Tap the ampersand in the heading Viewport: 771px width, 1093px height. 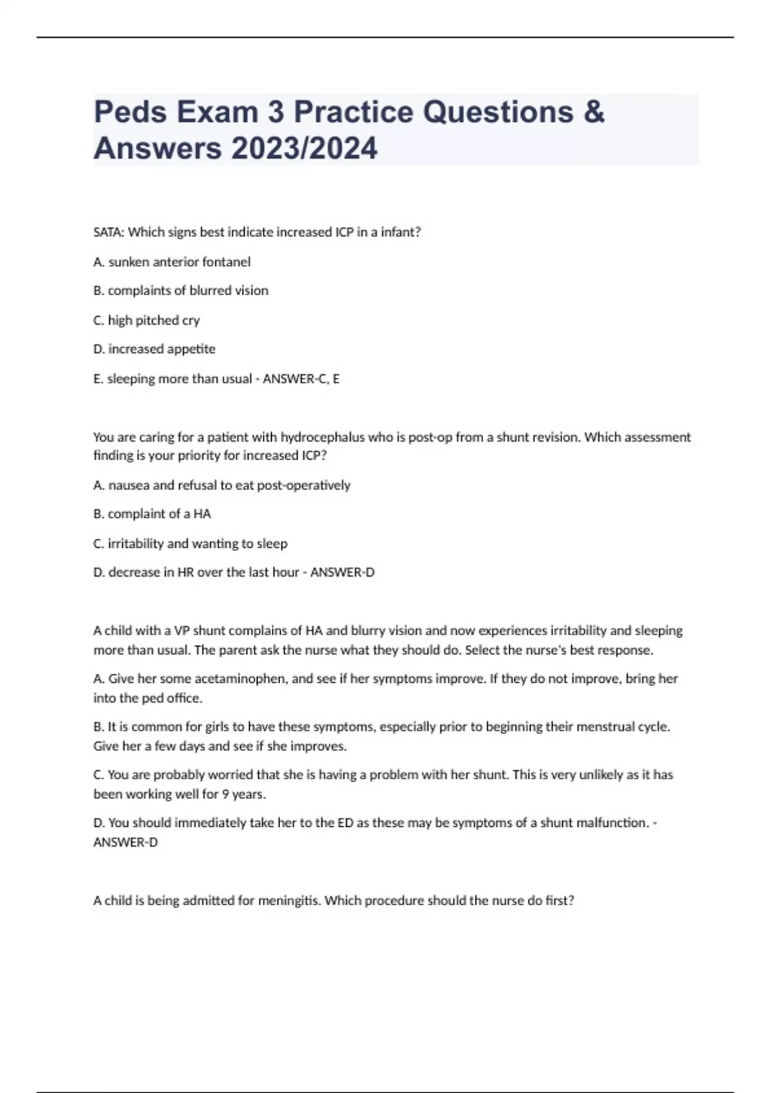point(594,112)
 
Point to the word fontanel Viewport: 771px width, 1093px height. point(226,262)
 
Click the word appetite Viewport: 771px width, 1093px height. point(191,349)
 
